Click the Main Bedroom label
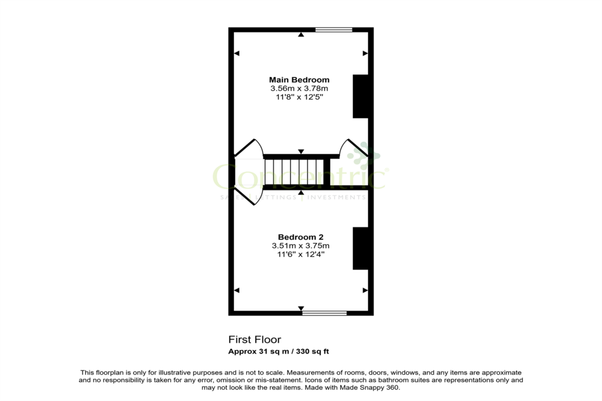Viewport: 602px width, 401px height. pyautogui.click(x=299, y=80)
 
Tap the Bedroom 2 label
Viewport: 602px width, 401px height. pyautogui.click(x=300, y=237)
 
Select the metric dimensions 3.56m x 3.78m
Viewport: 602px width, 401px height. pyautogui.click(x=299, y=89)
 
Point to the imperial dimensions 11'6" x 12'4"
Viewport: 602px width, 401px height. pyautogui.click(x=300, y=254)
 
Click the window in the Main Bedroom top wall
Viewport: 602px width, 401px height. pyautogui.click(x=334, y=29)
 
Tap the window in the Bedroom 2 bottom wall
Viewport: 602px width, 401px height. pyautogui.click(x=325, y=313)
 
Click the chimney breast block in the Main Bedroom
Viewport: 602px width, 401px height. pyautogui.click(x=361, y=96)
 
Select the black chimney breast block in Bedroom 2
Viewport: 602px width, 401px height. pyautogui.click(x=361, y=248)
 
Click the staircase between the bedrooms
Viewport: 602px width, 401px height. pyautogui.click(x=294, y=172)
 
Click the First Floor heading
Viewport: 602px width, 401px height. pyautogui.click(x=255, y=340)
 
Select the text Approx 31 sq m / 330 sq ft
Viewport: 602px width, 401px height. pyautogui.click(x=278, y=352)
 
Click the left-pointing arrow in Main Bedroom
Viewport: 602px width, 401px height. pyautogui.click(x=237, y=53)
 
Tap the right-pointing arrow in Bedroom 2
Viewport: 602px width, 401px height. pyautogui.click(x=365, y=291)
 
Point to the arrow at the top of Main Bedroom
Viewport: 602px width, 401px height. pyautogui.click(x=301, y=35)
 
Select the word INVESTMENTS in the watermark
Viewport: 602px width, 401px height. pyautogui.click(x=336, y=197)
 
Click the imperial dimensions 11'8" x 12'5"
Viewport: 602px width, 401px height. pyautogui.click(x=299, y=97)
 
